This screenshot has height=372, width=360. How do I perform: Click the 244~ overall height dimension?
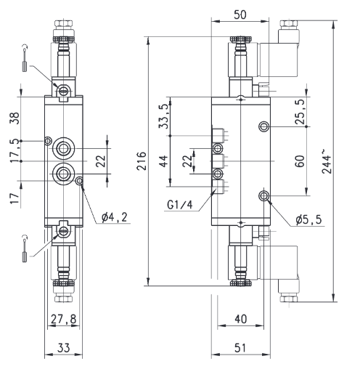point(326,161)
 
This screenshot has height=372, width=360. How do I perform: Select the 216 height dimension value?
point(142,161)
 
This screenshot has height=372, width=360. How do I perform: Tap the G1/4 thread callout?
point(180,205)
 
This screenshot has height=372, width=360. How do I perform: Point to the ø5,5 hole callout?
point(309,219)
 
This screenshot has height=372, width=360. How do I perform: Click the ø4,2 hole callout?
point(114,217)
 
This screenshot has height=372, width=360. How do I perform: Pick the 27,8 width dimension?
point(63,319)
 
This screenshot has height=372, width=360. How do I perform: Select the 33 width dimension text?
point(64,348)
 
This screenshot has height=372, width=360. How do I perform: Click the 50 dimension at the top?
point(240,15)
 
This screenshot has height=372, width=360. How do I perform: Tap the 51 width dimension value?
point(240,348)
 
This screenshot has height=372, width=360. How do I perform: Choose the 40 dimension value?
point(241,319)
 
